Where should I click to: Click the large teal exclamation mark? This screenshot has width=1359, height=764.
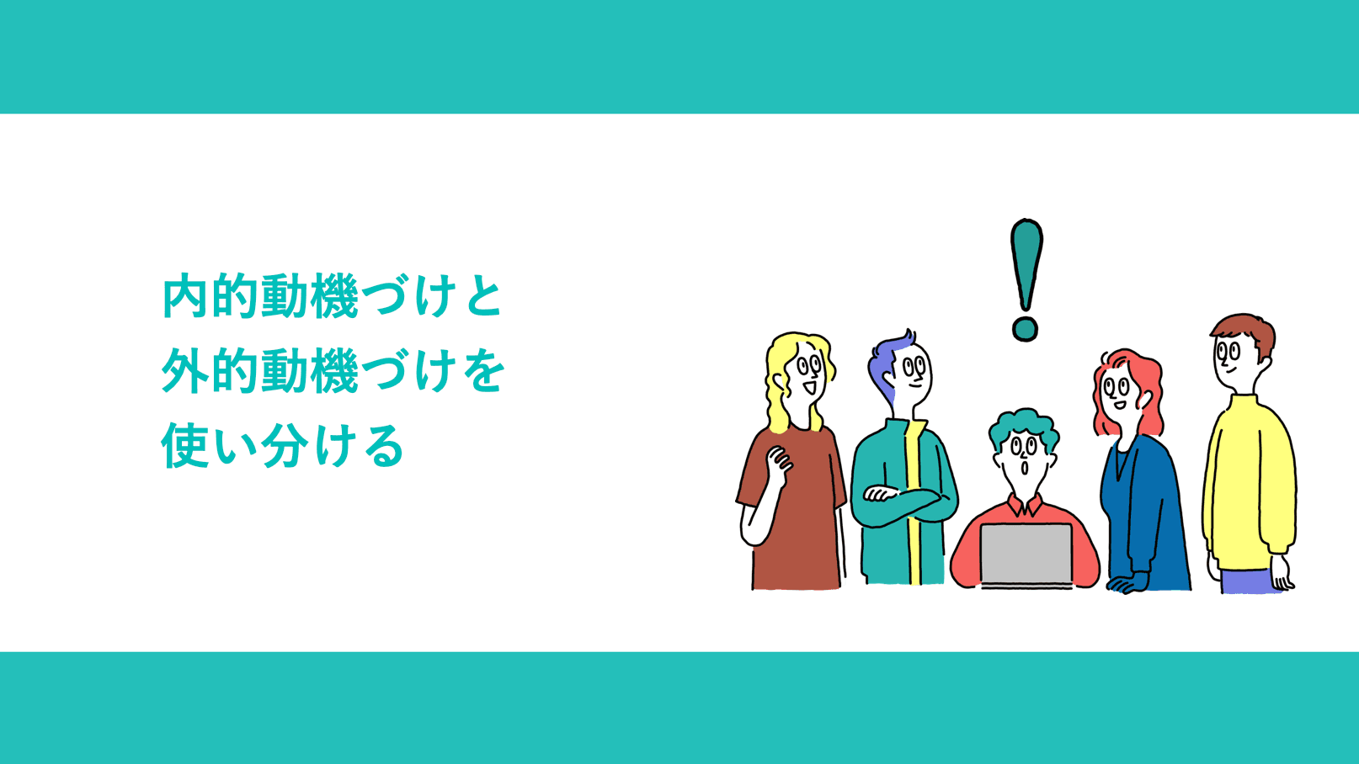1026,265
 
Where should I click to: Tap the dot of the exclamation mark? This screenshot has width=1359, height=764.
1025,328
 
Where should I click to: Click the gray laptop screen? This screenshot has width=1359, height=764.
1026,553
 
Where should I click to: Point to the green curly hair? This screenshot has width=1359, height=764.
1023,424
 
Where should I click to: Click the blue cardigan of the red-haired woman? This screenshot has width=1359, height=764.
1145,513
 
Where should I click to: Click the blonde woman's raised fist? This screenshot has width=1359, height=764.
779,463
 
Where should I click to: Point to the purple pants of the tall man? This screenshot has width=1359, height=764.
1248,581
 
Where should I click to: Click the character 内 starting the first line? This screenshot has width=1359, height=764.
184,296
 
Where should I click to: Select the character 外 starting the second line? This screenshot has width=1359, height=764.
184,371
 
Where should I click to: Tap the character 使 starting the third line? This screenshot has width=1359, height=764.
184,445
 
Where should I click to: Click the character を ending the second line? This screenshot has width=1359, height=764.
482,371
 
